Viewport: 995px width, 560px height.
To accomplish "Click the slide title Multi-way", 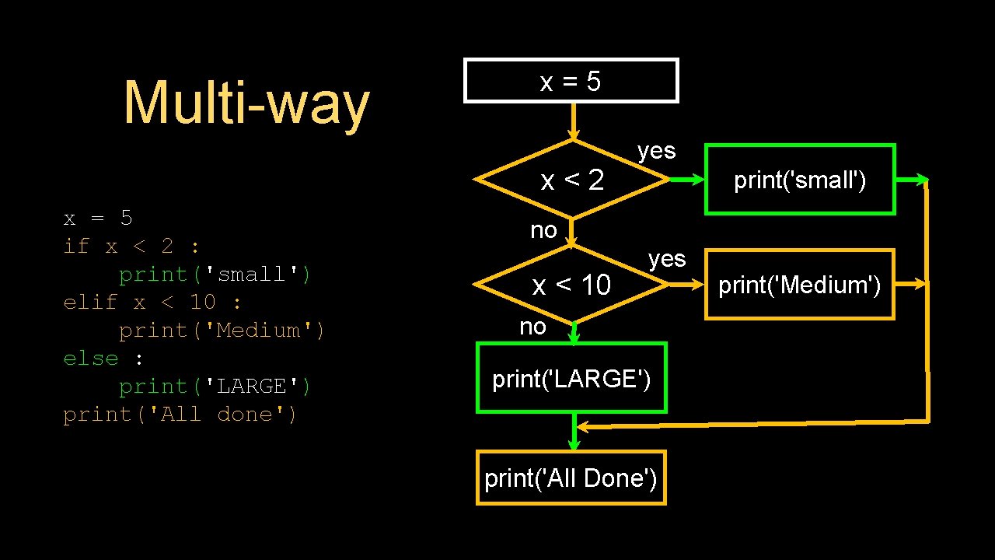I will tap(246, 103).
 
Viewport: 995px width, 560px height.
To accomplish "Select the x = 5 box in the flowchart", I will tap(571, 81).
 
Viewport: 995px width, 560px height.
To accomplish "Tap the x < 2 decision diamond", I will tap(572, 180).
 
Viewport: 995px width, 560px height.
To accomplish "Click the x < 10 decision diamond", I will tap(571, 285).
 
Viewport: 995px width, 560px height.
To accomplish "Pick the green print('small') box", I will tap(800, 180).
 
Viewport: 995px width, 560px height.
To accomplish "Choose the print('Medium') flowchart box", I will tap(799, 285).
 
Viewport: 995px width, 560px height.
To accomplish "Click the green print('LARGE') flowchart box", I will tap(571, 379).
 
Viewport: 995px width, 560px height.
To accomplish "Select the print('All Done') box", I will tap(571, 478).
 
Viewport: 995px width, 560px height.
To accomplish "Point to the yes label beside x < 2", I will tap(656, 151).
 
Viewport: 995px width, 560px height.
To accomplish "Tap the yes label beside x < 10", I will tap(667, 258).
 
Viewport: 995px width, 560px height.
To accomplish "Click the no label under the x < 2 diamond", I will tap(543, 230).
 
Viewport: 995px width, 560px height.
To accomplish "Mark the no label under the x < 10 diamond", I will tap(532, 327).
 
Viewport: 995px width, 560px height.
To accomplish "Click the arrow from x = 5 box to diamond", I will tap(573, 121).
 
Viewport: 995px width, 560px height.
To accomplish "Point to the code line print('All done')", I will tap(180, 415).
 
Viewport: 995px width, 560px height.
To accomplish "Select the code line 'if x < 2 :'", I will tap(131, 247).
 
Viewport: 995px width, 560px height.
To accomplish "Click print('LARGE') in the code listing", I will tap(215, 387).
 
